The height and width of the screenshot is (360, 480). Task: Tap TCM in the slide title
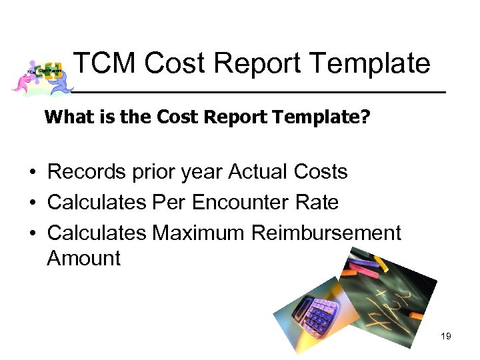point(103,64)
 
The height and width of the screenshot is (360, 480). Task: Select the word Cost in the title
point(176,64)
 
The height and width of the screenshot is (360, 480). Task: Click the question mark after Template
point(365,118)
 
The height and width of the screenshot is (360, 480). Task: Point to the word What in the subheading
point(67,118)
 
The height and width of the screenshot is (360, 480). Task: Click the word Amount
point(83,258)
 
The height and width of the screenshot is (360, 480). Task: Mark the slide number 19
point(446,336)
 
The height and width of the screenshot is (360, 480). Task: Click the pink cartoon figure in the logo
point(24,80)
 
